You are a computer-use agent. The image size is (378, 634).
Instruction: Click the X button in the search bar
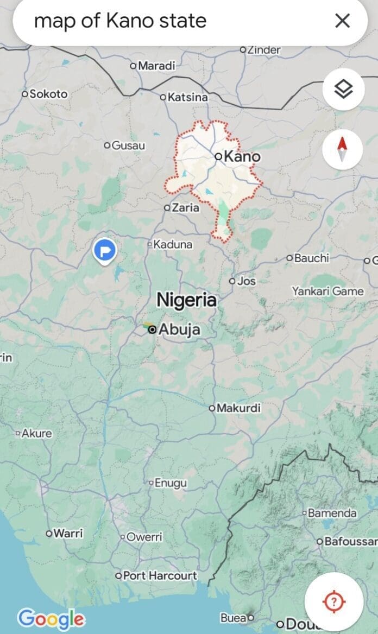pyautogui.click(x=342, y=21)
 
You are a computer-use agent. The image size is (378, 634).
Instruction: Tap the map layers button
pyautogui.click(x=343, y=89)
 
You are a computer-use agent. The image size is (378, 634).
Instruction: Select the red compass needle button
pyautogui.click(x=343, y=149)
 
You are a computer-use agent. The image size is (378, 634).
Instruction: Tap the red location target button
pyautogui.click(x=334, y=601)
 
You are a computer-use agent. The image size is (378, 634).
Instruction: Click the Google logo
pyautogui.click(x=51, y=619)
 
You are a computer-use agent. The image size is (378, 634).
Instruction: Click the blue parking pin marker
pyautogui.click(x=104, y=251)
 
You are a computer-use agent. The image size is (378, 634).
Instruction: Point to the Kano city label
pyautogui.click(x=242, y=157)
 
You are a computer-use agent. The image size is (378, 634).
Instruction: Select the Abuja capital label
pyautogui.click(x=179, y=329)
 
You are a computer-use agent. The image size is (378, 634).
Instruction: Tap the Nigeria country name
pyautogui.click(x=186, y=300)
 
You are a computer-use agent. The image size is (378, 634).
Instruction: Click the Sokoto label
pyautogui.click(x=48, y=94)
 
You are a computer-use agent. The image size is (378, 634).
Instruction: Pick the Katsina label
pyautogui.click(x=187, y=97)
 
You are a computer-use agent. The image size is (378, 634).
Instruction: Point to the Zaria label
pyautogui.click(x=185, y=207)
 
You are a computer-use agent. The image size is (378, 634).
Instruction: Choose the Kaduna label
pyautogui.click(x=172, y=244)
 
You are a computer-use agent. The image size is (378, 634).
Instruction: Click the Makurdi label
pyautogui.click(x=238, y=408)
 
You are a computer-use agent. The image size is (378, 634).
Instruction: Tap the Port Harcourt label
pyautogui.click(x=160, y=575)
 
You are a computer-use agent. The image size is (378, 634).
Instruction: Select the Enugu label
pyautogui.click(x=171, y=483)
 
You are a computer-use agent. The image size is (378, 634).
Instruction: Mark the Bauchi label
pyautogui.click(x=311, y=258)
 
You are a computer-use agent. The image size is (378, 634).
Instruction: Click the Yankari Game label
pyautogui.click(x=327, y=291)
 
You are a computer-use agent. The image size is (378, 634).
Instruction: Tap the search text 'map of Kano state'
pyautogui.click(x=120, y=21)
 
